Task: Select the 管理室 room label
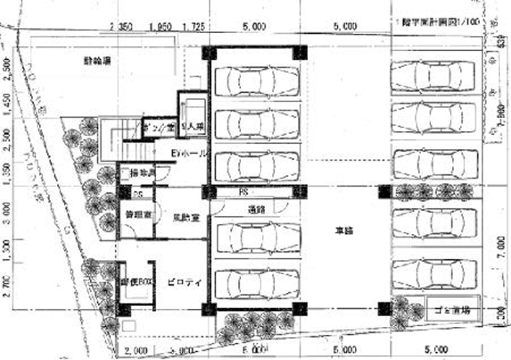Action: coord(135,214)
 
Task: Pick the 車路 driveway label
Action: coord(342,232)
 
